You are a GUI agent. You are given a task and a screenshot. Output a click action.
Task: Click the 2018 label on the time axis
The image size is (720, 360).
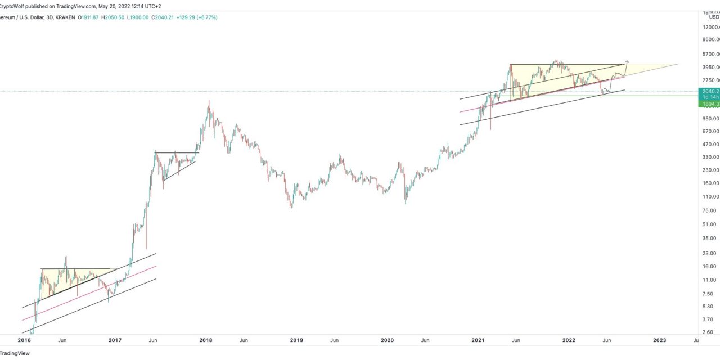(x=205, y=340)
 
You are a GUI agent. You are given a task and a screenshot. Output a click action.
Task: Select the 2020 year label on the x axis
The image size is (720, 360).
(x=387, y=340)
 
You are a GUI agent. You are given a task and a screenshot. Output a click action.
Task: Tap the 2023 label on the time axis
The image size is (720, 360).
(x=659, y=340)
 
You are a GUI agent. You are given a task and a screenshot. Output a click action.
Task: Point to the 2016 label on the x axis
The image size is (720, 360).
(x=24, y=340)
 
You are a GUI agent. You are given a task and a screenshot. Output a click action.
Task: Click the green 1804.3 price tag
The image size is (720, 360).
(x=708, y=104)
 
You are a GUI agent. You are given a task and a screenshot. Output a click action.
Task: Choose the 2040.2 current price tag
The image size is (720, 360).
(x=708, y=91)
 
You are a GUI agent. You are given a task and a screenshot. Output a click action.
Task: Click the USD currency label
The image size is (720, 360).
(x=713, y=17)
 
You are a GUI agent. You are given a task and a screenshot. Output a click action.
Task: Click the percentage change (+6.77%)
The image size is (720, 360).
(x=205, y=17)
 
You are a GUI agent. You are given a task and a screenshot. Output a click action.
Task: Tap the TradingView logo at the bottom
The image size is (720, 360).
(x=15, y=353)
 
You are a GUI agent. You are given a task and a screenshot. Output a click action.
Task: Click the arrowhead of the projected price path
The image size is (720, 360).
(x=627, y=61)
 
